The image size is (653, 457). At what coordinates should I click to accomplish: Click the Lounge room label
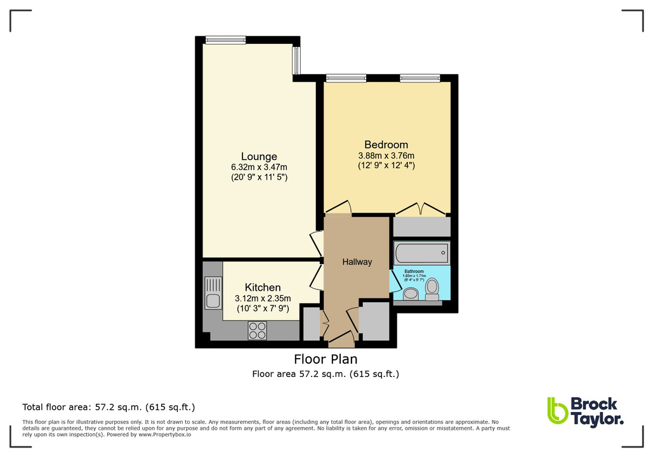pyautogui.click(x=259, y=156)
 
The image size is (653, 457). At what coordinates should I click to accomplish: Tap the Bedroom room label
pyautogui.click(x=386, y=145)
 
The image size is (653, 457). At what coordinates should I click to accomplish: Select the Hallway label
pyautogui.click(x=357, y=262)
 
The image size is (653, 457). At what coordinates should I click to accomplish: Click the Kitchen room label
pyautogui.click(x=263, y=288)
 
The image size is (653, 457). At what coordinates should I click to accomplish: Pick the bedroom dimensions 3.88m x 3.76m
pyautogui.click(x=386, y=156)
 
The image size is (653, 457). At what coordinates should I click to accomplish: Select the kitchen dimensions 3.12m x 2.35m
pyautogui.click(x=263, y=298)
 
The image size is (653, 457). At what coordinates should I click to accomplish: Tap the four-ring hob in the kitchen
pyautogui.click(x=257, y=330)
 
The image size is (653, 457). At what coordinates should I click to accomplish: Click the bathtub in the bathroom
pyautogui.click(x=421, y=253)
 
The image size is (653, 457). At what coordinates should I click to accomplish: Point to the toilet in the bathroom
pyautogui.click(x=432, y=289)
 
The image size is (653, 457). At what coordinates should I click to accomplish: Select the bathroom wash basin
pyautogui.click(x=410, y=293)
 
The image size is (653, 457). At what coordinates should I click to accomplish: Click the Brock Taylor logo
pyautogui.click(x=585, y=411)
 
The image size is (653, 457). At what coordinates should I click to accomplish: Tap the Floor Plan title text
pyautogui.click(x=326, y=359)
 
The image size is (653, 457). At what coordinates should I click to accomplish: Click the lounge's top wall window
pyautogui.click(x=225, y=40)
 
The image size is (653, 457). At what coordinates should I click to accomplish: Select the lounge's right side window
pyautogui.click(x=296, y=60)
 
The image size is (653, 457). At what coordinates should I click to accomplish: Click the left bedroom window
pyautogui.click(x=346, y=78)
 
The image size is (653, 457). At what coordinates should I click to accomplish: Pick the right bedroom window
pyautogui.click(x=419, y=78)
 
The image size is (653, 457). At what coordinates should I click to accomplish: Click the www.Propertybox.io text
pyautogui.click(x=165, y=435)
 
